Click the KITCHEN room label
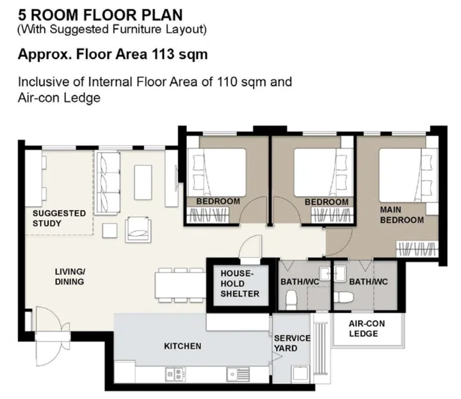(x=182, y=346)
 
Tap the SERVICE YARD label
(x=292, y=343)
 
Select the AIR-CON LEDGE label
(x=363, y=329)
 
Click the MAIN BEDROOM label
(x=401, y=215)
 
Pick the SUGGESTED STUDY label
(x=59, y=218)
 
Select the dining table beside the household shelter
(x=180, y=284)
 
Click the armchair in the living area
(x=139, y=227)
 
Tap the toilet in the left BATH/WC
(x=291, y=299)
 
